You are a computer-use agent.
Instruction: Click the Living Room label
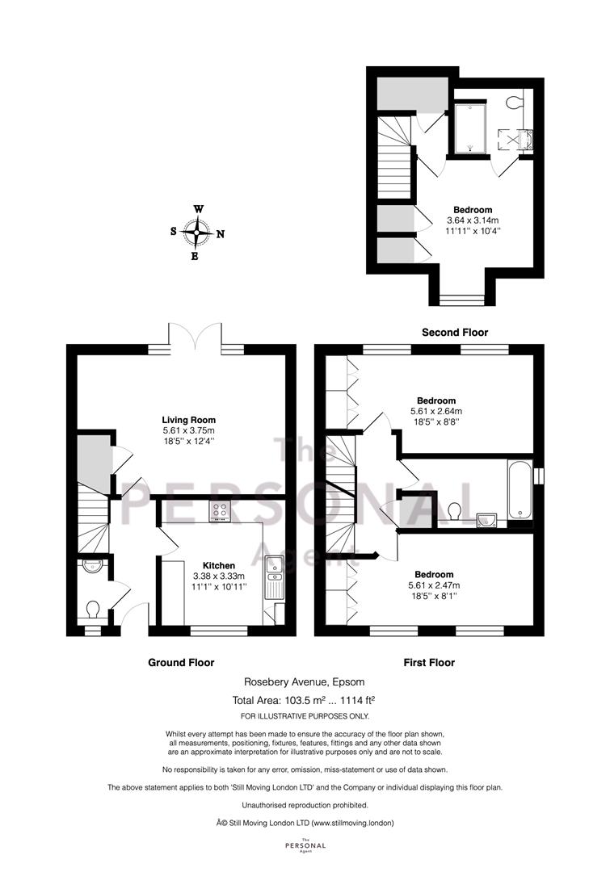(x=189, y=420)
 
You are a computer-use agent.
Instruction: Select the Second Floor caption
(x=455, y=332)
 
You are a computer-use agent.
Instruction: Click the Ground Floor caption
(x=181, y=662)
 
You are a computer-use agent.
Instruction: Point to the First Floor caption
(x=429, y=662)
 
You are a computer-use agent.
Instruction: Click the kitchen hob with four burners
(x=221, y=511)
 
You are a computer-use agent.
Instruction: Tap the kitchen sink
(x=275, y=577)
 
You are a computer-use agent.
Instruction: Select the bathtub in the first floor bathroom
(x=520, y=489)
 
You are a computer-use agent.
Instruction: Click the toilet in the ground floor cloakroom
(x=92, y=610)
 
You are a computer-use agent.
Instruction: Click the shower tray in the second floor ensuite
(x=470, y=128)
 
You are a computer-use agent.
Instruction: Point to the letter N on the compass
(x=221, y=234)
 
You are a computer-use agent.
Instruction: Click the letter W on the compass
(x=198, y=209)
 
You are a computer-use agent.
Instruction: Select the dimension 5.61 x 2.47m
(x=434, y=585)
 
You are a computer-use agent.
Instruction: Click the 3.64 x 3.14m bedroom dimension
(x=473, y=220)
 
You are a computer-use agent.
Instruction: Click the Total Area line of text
(x=307, y=700)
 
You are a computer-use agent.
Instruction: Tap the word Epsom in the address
(x=350, y=681)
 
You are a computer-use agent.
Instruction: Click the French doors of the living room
(x=196, y=337)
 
